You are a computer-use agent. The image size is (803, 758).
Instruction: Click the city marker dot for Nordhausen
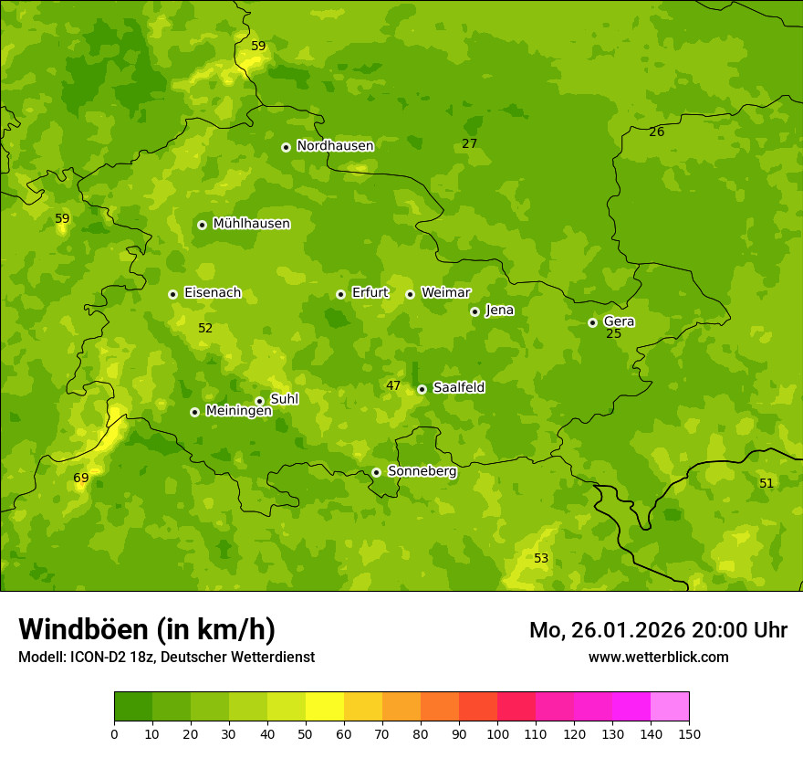pos(286,147)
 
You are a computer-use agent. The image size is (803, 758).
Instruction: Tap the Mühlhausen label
pos(251,224)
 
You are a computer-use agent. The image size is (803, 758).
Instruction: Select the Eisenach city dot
pos(172,294)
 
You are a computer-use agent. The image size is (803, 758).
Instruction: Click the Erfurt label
pos(370,293)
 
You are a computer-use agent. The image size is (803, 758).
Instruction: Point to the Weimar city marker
pos(410,294)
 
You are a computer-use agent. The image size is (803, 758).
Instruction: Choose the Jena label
pos(499,311)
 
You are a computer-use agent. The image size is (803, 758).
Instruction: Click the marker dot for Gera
pos(592,322)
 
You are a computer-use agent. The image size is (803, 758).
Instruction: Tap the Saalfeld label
pos(458,388)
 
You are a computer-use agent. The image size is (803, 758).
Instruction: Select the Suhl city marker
pos(259,401)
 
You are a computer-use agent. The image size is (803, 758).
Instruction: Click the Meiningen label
pos(238,411)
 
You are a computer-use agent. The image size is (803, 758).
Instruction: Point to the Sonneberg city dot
pos(376,472)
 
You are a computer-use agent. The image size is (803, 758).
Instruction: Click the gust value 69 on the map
pos(81,478)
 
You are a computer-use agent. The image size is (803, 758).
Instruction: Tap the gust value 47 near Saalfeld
pos(393,386)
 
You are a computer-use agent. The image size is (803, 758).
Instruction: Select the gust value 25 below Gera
pos(613,334)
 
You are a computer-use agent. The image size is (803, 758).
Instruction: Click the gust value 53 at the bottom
pos(541,558)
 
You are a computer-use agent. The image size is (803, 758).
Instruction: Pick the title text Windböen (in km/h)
pos(147,629)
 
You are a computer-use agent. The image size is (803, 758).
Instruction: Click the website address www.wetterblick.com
pos(658,657)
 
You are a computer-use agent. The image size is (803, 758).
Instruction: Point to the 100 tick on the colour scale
pos(497,733)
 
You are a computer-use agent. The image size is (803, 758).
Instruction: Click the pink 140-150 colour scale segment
pos(670,707)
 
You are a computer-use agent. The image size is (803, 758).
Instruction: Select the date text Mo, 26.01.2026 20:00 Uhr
pos(658,630)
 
